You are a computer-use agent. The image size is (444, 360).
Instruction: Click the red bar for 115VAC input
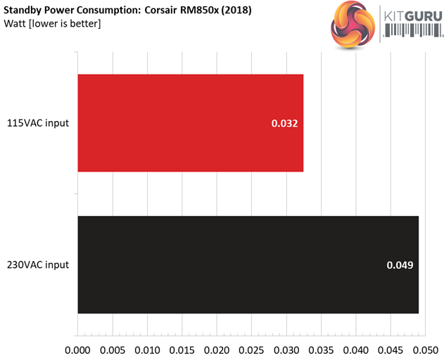(190, 123)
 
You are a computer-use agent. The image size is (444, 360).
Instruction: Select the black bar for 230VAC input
(248, 264)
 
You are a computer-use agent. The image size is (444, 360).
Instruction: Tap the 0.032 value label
(285, 124)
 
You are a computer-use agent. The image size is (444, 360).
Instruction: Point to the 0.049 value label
(400, 265)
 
